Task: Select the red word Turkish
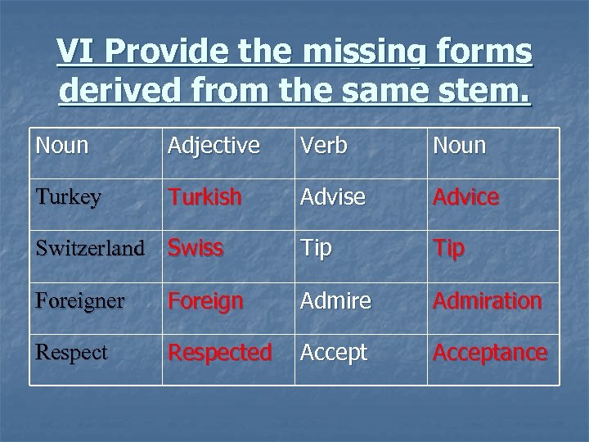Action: coord(205,197)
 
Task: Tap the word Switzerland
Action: coord(89,249)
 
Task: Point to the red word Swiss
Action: coord(196,249)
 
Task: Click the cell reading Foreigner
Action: coord(79,300)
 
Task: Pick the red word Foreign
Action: coord(205,301)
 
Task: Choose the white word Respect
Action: coord(71,352)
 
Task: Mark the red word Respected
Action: coord(220,352)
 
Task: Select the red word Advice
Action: coord(465,197)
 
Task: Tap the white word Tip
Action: coord(316,249)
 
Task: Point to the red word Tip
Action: coord(448,249)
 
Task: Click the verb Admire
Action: coord(335,300)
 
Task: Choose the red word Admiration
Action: coord(487,300)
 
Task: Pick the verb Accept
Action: coord(334,353)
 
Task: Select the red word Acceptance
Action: coord(489,352)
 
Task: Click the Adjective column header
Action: coord(214,146)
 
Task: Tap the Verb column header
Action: coord(324,146)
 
